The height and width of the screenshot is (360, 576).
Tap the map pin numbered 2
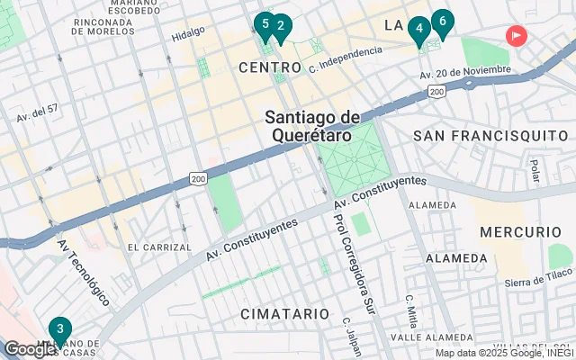click(280, 28)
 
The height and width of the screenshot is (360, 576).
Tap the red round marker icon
click(517, 36)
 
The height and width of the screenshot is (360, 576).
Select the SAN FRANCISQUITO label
click(490, 135)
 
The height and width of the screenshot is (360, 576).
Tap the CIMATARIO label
click(284, 313)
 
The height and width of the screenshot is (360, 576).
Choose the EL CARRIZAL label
click(159, 247)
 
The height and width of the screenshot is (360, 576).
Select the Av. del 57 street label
click(37, 114)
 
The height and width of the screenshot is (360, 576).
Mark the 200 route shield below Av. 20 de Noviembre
click(436, 92)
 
